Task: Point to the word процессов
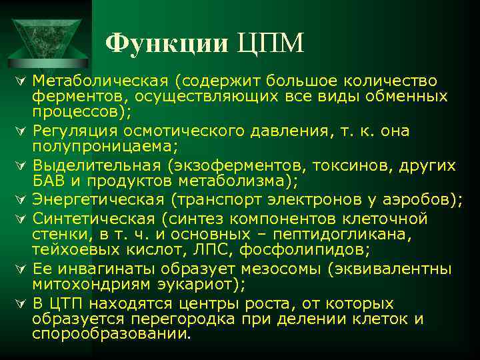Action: [79, 111]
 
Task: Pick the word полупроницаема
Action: [101, 145]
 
